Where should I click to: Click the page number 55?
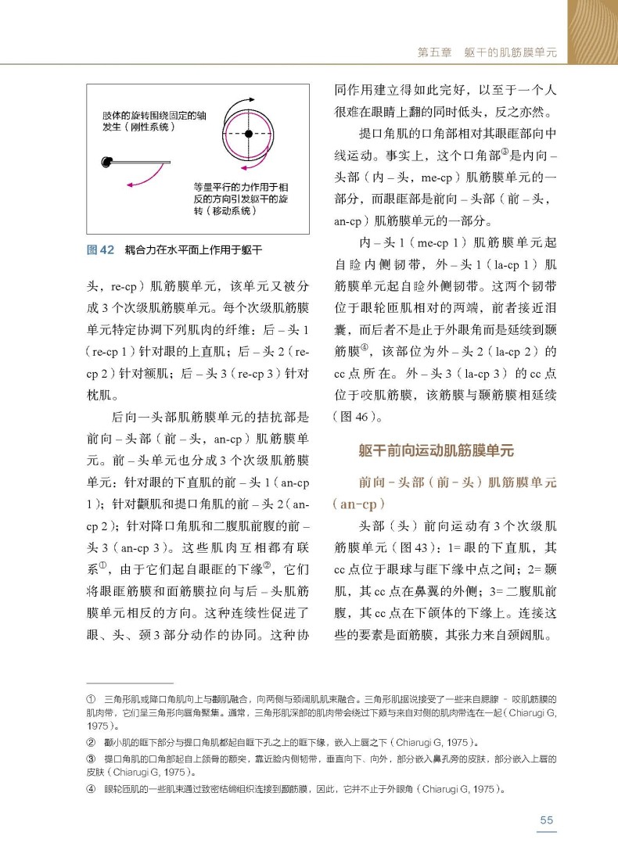tap(546, 820)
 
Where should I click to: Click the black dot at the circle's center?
tap(248, 135)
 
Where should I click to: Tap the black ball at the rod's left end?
tap(106, 162)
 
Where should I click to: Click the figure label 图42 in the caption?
tap(100, 250)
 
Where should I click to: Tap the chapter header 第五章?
tap(434, 53)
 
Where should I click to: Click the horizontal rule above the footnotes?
tap(129, 683)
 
